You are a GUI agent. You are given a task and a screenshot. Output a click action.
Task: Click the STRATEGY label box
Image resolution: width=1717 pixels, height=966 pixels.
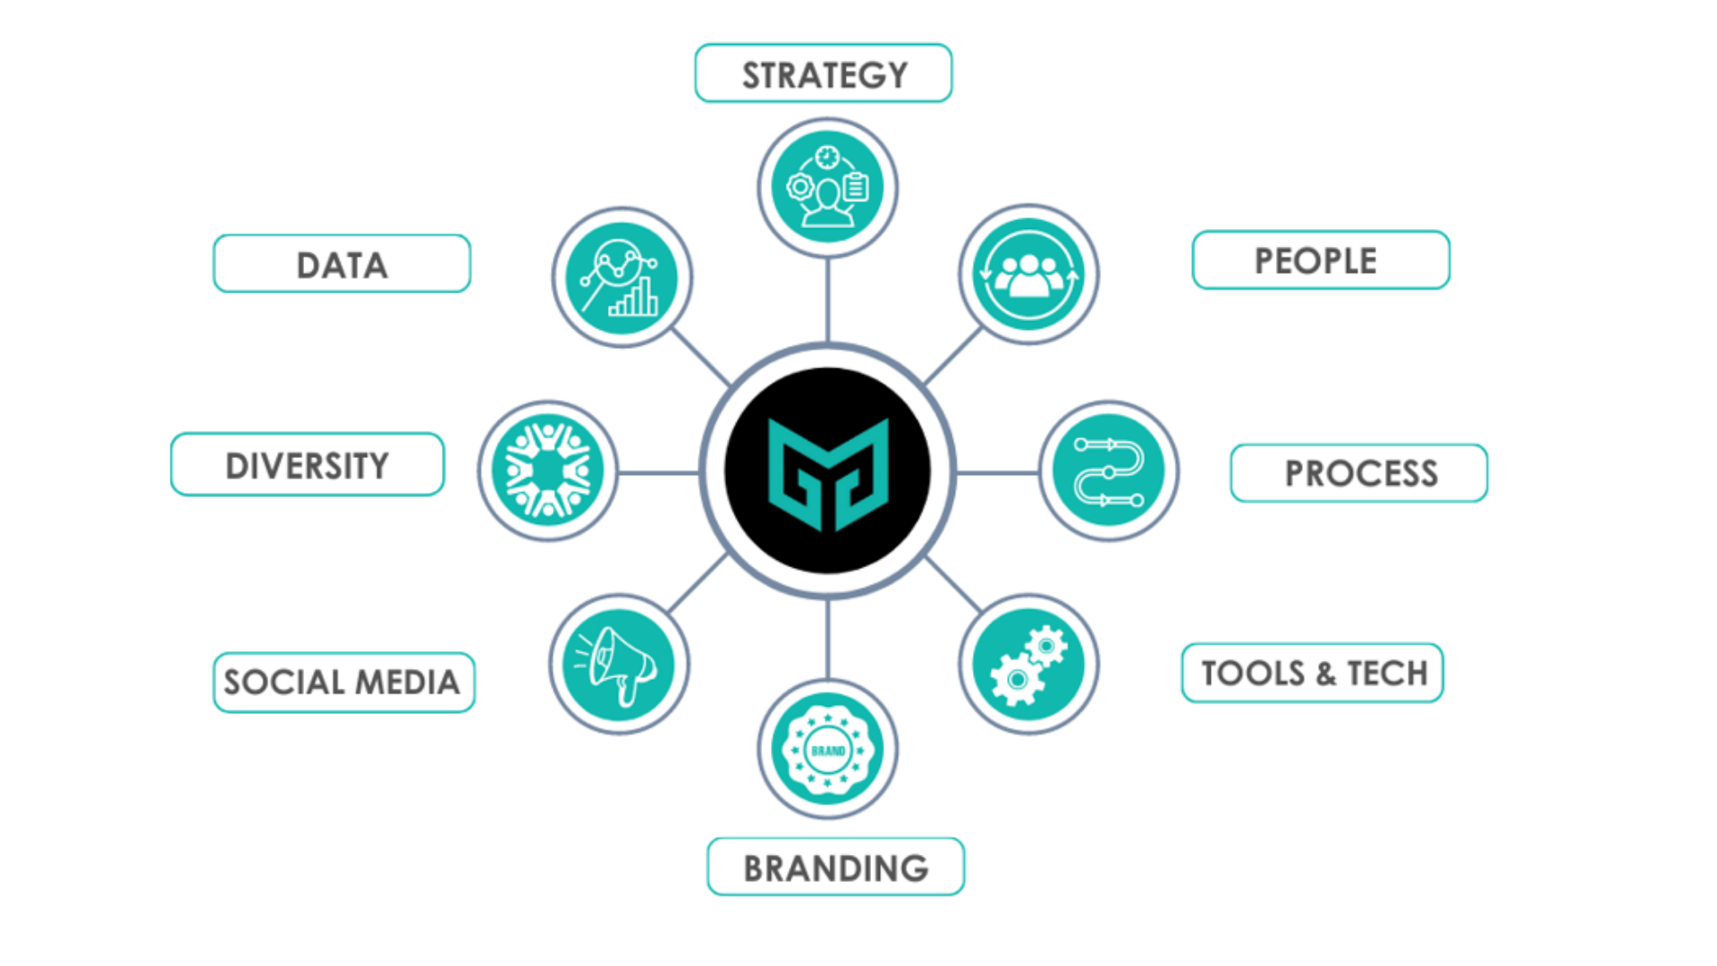(823, 73)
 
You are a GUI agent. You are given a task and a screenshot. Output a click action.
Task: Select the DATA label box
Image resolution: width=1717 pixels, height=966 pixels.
(342, 264)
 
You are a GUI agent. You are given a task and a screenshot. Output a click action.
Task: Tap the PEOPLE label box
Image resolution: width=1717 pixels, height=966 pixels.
(1320, 260)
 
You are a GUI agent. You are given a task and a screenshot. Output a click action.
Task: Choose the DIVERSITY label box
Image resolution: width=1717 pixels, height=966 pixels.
(307, 464)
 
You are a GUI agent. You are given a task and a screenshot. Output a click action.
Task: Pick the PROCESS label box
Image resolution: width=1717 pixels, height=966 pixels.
(1358, 473)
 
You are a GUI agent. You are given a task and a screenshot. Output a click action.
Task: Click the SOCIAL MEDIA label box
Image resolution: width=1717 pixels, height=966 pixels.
(343, 682)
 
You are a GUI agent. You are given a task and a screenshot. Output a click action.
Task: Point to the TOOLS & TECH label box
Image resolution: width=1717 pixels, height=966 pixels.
(1312, 673)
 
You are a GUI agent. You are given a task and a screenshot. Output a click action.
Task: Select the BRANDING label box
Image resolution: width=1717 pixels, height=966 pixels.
(835, 867)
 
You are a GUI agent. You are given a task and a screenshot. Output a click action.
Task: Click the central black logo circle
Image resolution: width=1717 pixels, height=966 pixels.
(827, 470)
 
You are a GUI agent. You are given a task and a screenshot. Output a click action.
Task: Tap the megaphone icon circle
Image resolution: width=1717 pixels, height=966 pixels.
(619, 665)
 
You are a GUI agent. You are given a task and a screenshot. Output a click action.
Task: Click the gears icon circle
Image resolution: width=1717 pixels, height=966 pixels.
(1028, 665)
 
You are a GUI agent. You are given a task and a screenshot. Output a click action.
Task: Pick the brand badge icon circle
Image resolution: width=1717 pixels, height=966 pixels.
(827, 750)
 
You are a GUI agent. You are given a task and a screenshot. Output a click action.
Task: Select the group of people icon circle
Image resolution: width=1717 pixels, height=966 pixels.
(1028, 274)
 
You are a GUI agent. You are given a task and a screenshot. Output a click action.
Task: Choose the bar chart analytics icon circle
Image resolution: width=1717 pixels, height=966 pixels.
(622, 277)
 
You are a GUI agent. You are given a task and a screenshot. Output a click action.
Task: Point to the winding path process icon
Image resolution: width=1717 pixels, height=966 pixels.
(1109, 470)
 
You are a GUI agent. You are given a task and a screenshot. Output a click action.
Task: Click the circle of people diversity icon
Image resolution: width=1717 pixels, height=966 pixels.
(547, 470)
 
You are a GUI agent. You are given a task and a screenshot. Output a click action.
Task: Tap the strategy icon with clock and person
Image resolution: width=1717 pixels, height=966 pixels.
(827, 188)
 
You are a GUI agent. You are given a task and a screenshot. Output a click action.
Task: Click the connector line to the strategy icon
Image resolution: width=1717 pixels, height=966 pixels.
(827, 300)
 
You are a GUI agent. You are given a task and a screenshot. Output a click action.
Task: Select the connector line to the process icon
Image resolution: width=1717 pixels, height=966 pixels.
(997, 472)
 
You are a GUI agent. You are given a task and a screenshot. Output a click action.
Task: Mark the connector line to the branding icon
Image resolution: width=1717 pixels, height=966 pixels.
(827, 640)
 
